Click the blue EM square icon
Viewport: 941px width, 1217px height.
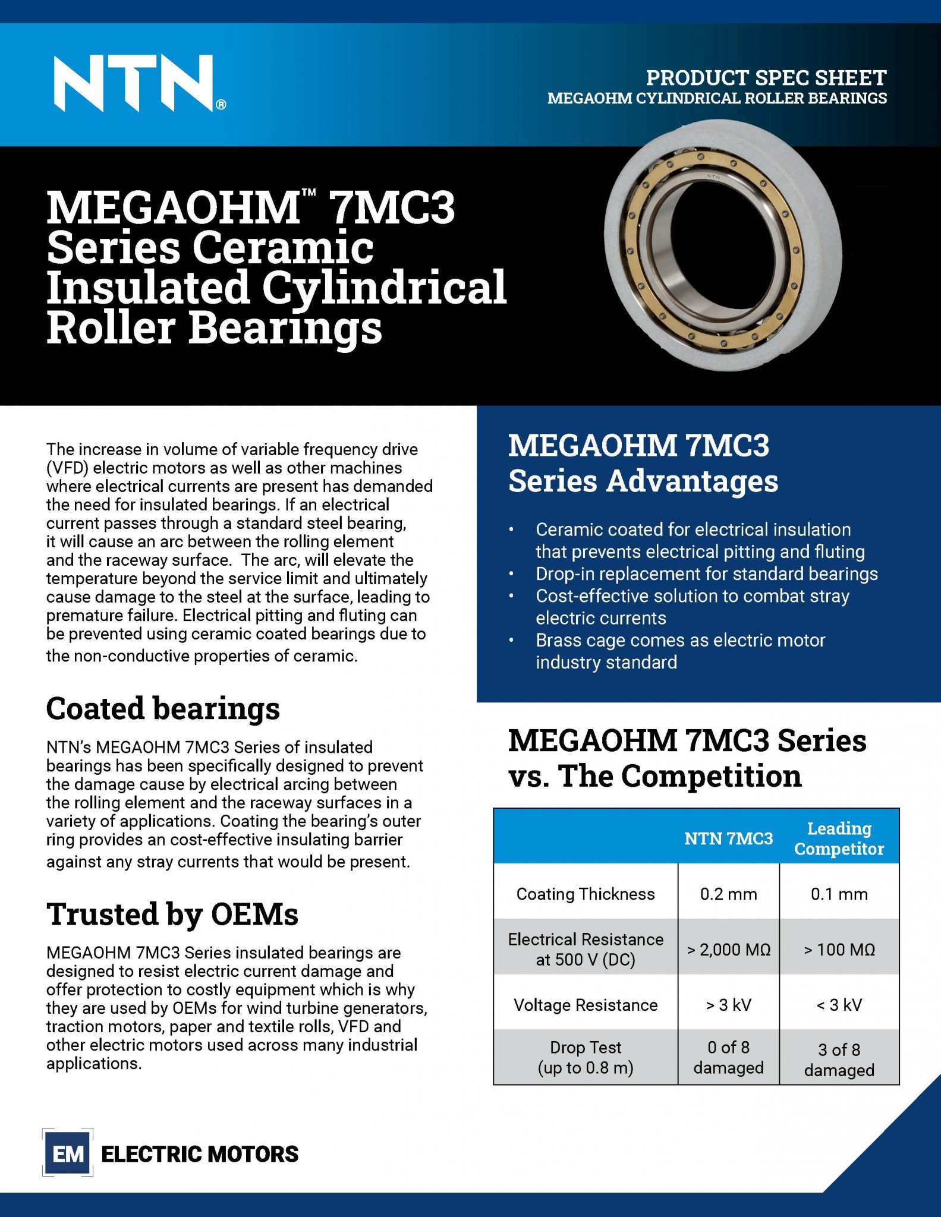click(x=68, y=1154)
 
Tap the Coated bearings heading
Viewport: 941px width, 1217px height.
click(x=163, y=708)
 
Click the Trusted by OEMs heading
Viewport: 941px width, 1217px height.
click(x=172, y=914)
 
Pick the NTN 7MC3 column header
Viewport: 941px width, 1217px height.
click(x=728, y=838)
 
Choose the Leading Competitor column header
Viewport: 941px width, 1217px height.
click(x=839, y=838)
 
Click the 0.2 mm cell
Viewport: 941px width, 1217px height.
click(x=728, y=894)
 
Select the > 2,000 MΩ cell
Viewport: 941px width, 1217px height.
click(x=728, y=950)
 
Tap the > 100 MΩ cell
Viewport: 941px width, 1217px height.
click(x=839, y=950)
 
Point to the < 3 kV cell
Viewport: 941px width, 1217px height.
click(x=839, y=1005)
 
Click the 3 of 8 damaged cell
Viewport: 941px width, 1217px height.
click(x=839, y=1060)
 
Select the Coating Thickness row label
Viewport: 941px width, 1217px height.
click(x=586, y=894)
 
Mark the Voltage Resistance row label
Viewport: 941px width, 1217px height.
click(x=586, y=1005)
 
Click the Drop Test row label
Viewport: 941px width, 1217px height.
click(x=586, y=1057)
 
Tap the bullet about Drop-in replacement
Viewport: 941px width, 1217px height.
click(x=706, y=574)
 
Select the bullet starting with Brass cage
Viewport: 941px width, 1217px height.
click(x=680, y=651)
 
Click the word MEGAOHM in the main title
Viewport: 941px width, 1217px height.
click(x=173, y=207)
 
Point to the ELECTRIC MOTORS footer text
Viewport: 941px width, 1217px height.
click(x=200, y=1154)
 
